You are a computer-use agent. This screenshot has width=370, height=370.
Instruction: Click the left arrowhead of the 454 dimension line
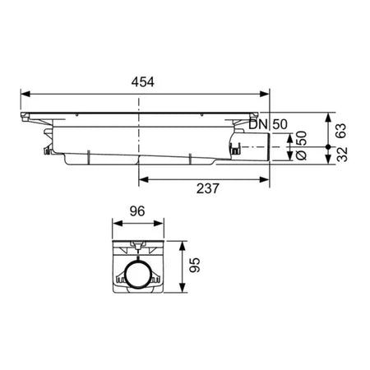[24, 92]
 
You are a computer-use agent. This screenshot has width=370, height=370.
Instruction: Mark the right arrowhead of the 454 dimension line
[270, 92]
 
